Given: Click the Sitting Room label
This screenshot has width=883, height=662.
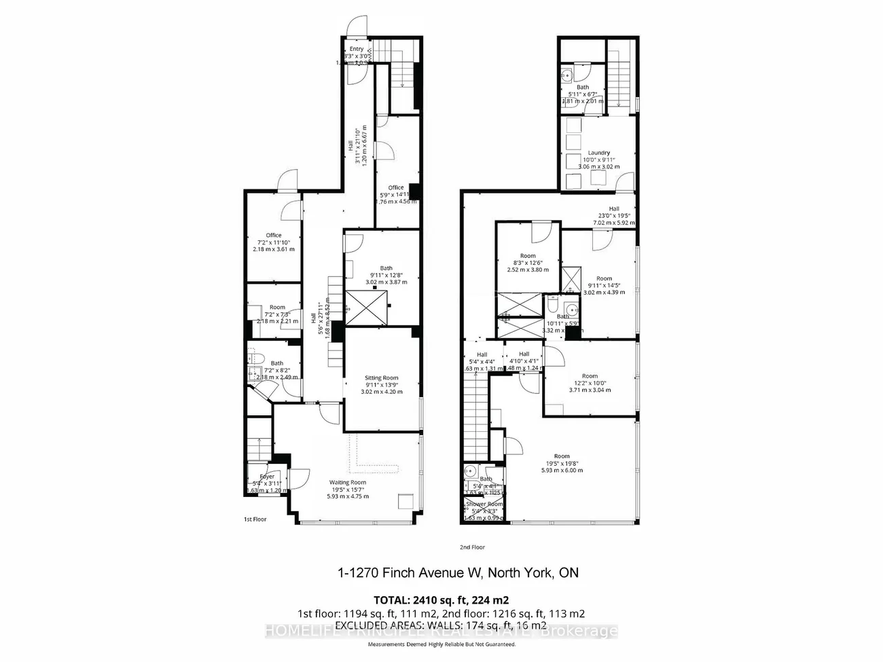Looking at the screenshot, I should click(380, 378).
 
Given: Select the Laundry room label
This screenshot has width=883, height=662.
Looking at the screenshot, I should click(598, 153).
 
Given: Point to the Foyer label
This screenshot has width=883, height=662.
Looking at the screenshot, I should click(267, 477).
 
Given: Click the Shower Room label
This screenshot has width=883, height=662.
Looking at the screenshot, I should click(484, 504).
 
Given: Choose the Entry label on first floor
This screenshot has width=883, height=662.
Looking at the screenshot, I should click(357, 49).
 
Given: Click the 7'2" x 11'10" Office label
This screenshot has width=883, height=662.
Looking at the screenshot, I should click(274, 236).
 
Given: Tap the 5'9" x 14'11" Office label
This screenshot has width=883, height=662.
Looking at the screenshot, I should click(396, 187).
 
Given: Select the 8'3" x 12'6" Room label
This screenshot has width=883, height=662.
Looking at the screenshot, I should click(527, 256).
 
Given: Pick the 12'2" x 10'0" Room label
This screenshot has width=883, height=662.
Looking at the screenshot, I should click(590, 376).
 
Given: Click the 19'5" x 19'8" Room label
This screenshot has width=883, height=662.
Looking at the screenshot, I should click(561, 456).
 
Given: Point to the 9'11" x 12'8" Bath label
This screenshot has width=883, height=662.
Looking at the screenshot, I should click(386, 268).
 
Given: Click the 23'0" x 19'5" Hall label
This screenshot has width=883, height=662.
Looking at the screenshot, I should click(613, 209).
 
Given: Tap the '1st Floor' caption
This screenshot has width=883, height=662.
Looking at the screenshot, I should click(255, 519).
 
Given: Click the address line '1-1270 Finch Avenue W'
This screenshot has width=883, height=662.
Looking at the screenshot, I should click(408, 573).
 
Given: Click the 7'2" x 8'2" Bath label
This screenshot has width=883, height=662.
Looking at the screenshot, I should click(277, 363).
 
